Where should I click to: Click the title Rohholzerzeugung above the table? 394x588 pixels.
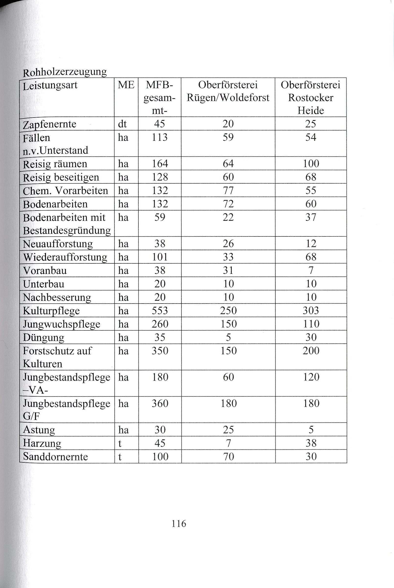(x=65, y=72)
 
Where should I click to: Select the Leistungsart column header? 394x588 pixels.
(x=50, y=85)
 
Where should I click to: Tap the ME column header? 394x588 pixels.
(x=126, y=85)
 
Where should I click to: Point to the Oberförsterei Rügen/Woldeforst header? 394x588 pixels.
(x=228, y=91)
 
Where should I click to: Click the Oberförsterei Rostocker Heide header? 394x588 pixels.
(x=311, y=98)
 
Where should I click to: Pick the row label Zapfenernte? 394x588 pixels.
(x=49, y=124)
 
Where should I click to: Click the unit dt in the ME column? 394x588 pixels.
(x=122, y=124)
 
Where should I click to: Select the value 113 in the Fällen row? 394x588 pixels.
(x=160, y=137)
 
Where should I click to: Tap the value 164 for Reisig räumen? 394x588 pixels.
(x=160, y=164)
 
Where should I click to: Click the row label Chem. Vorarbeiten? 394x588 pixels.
(x=65, y=191)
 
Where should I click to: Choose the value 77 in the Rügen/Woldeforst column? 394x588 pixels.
(x=228, y=190)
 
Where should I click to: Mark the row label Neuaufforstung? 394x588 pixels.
(x=58, y=244)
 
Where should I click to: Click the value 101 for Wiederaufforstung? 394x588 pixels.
(x=160, y=257)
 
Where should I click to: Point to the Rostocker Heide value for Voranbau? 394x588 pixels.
(x=311, y=270)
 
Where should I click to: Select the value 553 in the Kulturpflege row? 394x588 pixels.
(x=160, y=311)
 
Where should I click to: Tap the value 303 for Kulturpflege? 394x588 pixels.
(x=311, y=311)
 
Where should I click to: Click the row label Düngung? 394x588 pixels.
(x=44, y=338)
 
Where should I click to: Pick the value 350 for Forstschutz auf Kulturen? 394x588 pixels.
(x=160, y=351)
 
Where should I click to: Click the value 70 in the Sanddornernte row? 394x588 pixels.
(x=228, y=457)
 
